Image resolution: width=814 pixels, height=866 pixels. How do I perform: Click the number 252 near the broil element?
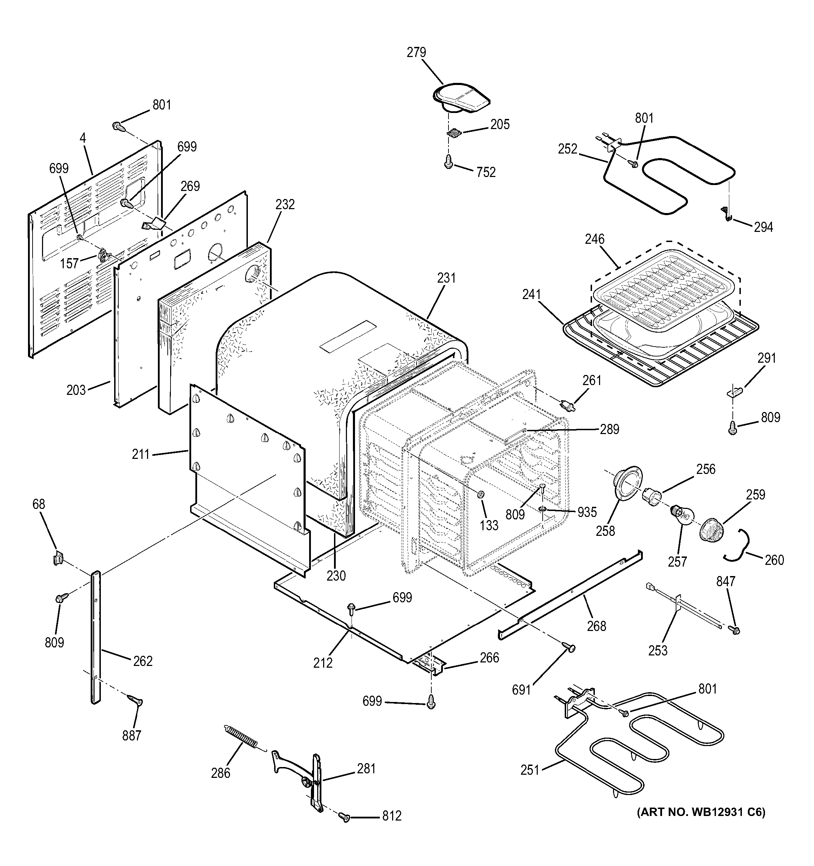[x=567, y=149]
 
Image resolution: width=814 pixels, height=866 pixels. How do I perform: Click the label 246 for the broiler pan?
[x=595, y=239]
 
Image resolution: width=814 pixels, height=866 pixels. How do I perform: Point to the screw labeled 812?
[x=345, y=818]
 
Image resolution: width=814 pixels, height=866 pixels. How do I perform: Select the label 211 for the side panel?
[x=140, y=454]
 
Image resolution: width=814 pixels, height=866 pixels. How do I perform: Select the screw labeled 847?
[x=734, y=630]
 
